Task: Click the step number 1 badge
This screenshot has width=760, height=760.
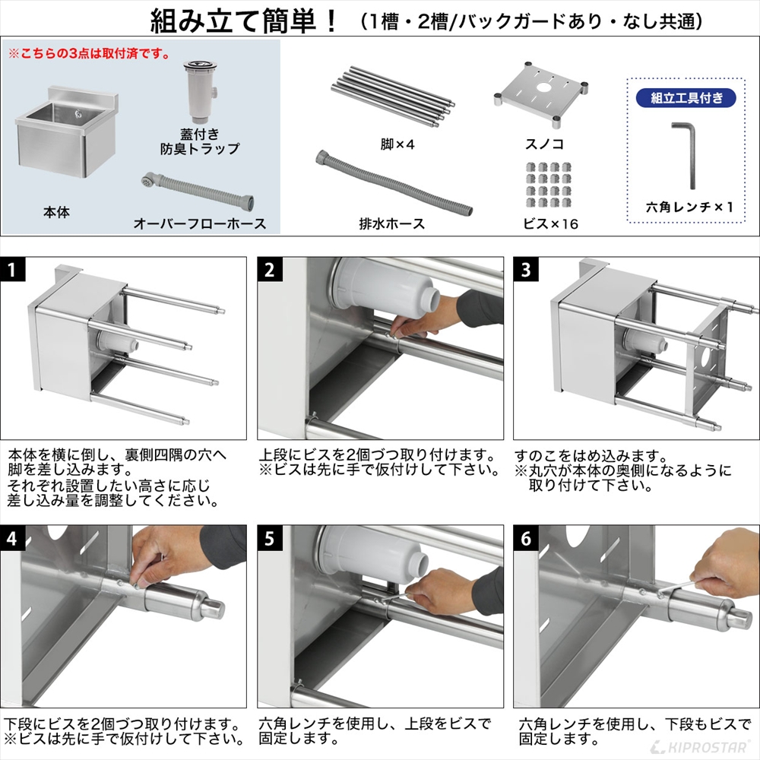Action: [x=14, y=271]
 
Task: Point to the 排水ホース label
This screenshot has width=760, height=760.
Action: [x=391, y=223]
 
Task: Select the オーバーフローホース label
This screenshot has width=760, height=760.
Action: [x=199, y=223]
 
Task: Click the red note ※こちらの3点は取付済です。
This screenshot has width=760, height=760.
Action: [x=89, y=55]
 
